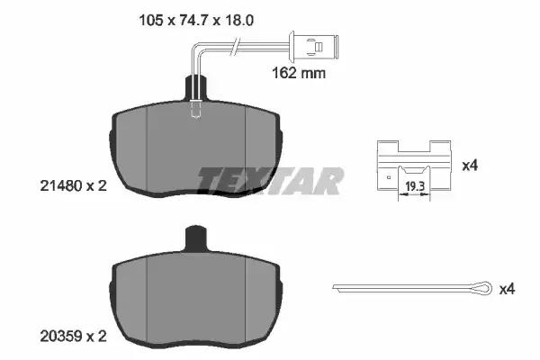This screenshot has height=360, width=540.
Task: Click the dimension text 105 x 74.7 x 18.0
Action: tap(196, 21)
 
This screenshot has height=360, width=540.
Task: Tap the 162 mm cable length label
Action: tap(299, 73)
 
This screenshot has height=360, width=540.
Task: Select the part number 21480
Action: tap(61, 186)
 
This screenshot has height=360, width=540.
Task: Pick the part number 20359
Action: tap(61, 337)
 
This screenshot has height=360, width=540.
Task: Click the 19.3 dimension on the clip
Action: tap(414, 187)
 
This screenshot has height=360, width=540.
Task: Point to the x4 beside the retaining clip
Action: tap(470, 166)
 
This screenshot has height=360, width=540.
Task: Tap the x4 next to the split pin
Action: tap(507, 290)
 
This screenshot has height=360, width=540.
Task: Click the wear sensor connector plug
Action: tap(314, 46)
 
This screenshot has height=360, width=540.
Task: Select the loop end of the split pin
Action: tap(482, 286)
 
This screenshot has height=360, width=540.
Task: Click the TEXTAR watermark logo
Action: tap(270, 181)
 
